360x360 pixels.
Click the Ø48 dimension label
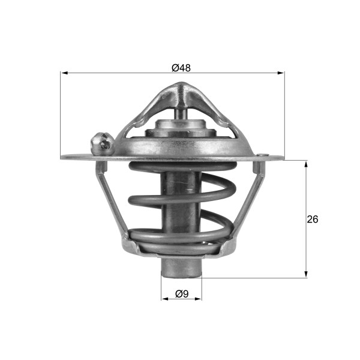(181, 68)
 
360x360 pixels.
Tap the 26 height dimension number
(313, 220)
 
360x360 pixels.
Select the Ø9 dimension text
(181, 293)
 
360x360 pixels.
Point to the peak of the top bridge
(181, 89)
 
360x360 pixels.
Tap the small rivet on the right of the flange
(262, 156)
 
